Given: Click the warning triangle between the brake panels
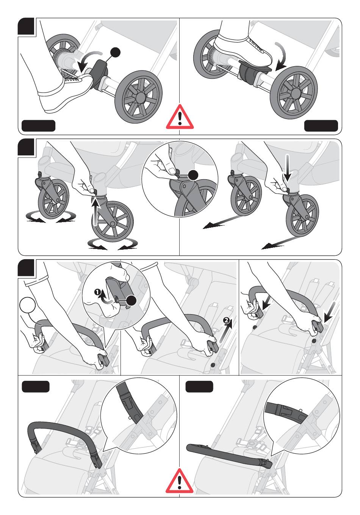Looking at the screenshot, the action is (x=180, y=117).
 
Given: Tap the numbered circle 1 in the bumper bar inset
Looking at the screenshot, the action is (x=97, y=292).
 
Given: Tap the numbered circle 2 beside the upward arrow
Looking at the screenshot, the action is (x=227, y=320).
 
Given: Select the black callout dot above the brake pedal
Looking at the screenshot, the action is (x=116, y=52).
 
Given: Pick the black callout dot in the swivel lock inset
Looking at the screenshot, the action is (x=193, y=175).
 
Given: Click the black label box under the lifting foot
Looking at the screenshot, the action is (x=38, y=126).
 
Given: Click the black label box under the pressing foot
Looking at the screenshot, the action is (x=321, y=126).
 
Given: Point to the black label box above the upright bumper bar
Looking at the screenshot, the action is (x=36, y=387).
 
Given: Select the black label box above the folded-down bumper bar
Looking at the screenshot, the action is (x=199, y=387).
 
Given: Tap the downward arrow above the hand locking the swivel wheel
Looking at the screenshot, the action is (x=287, y=167).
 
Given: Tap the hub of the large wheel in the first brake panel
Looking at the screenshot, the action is (x=139, y=97).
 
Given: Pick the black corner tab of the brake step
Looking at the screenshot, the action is (x=26, y=26).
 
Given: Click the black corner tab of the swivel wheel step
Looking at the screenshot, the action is (x=26, y=147).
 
